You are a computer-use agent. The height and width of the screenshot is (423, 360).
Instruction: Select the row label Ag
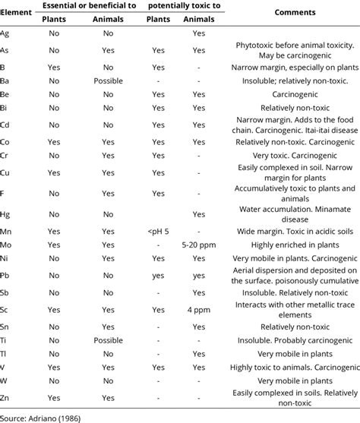6,33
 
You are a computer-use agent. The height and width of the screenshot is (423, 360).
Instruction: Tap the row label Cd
6,125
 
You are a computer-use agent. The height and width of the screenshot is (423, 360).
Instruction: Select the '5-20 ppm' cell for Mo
199,245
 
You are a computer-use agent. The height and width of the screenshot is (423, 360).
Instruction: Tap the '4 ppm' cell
199,310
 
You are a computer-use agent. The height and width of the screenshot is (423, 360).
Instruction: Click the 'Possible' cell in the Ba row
107,80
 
